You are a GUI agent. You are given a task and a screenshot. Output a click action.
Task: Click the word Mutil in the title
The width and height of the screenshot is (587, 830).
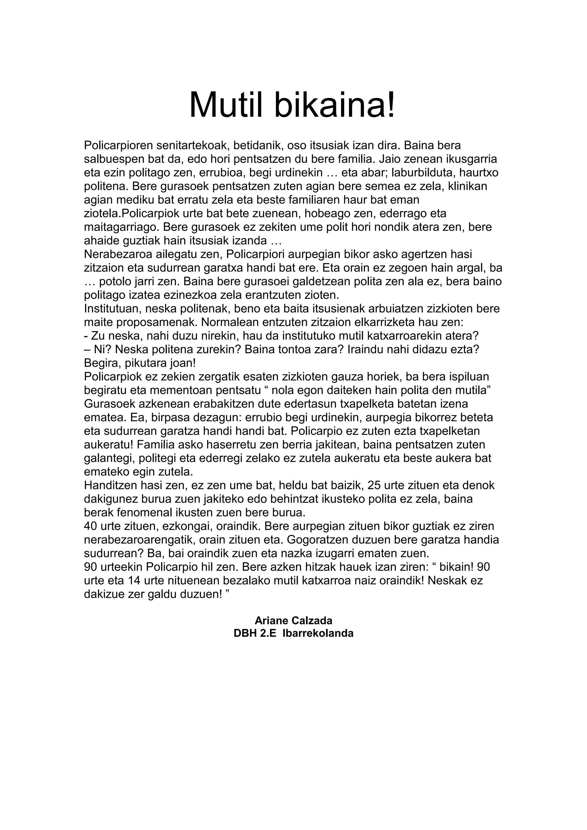pyautogui.click(x=228, y=105)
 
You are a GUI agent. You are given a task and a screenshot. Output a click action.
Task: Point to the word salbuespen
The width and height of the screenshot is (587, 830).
pyautogui.click(x=116, y=159)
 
